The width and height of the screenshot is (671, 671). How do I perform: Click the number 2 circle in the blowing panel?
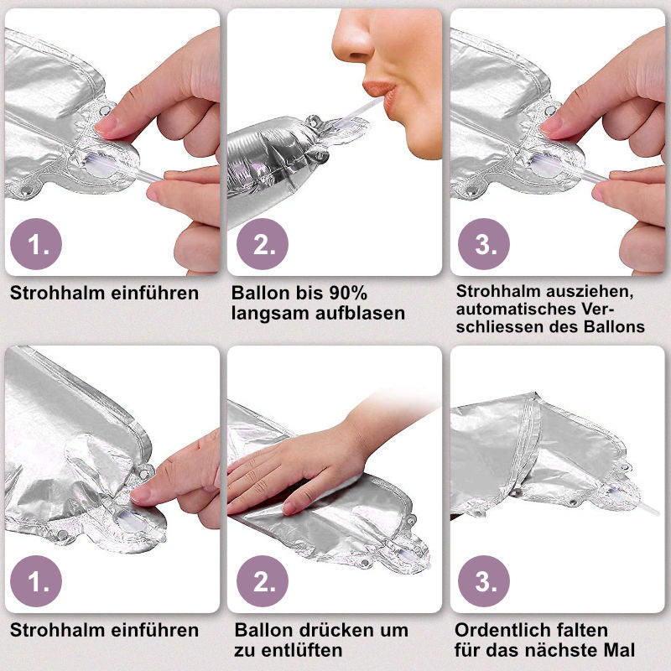click(263, 244)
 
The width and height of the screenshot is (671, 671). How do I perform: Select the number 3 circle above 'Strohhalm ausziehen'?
click(484, 244)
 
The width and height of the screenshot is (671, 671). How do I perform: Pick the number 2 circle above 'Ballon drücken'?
click(263, 581)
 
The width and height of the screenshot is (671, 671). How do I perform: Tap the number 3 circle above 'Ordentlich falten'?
click(484, 581)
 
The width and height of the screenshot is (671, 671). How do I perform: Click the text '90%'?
click(348, 293)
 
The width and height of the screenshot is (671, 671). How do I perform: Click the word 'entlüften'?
click(302, 651)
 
